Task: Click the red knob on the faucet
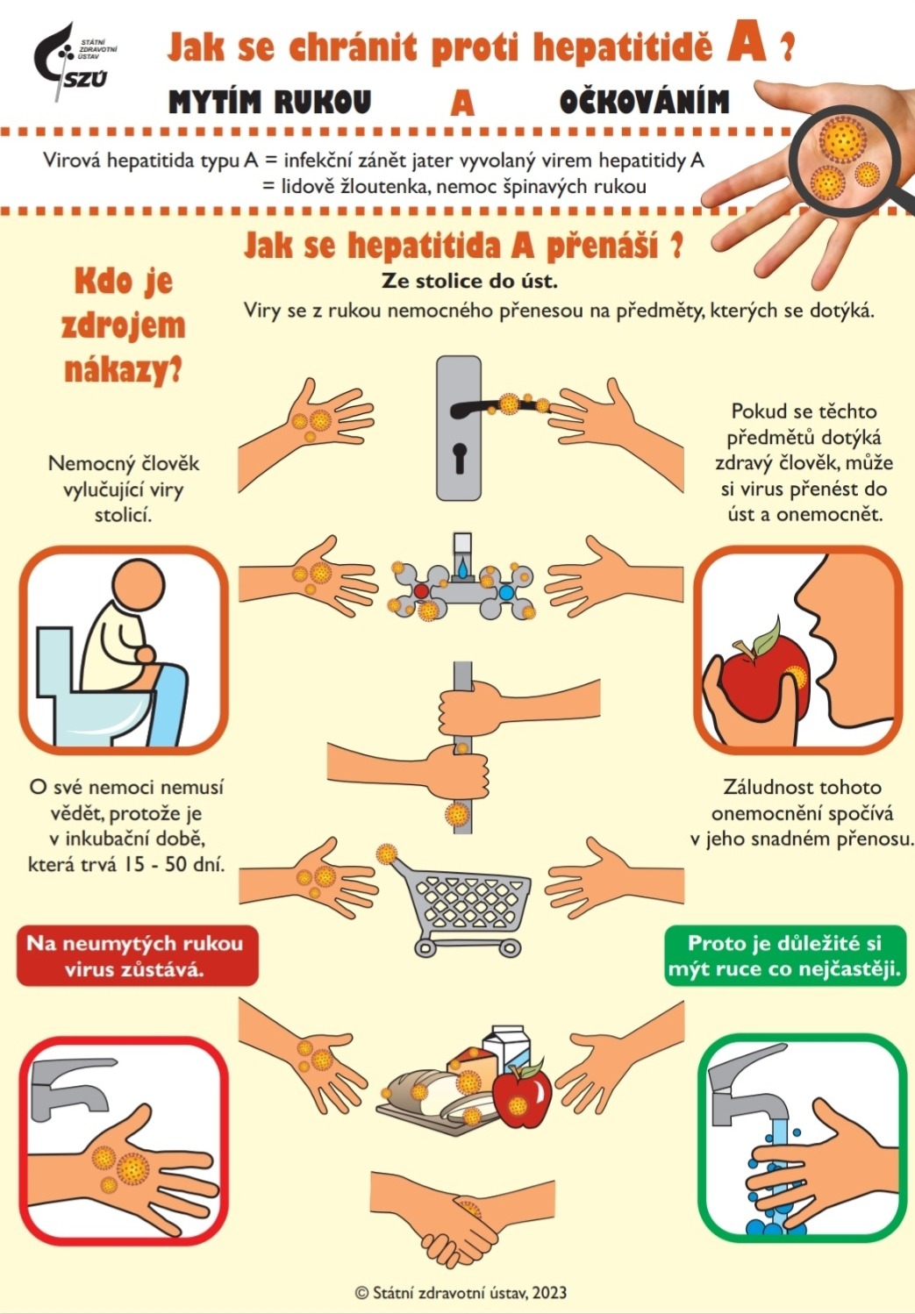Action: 421,590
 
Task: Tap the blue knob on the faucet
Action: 506,592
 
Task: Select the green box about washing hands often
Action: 785,955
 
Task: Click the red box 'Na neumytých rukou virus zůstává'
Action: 137,955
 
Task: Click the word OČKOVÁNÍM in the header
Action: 644,102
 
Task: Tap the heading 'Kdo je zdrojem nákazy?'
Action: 123,325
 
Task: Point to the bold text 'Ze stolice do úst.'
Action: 469,281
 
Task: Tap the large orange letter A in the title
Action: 746,45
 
